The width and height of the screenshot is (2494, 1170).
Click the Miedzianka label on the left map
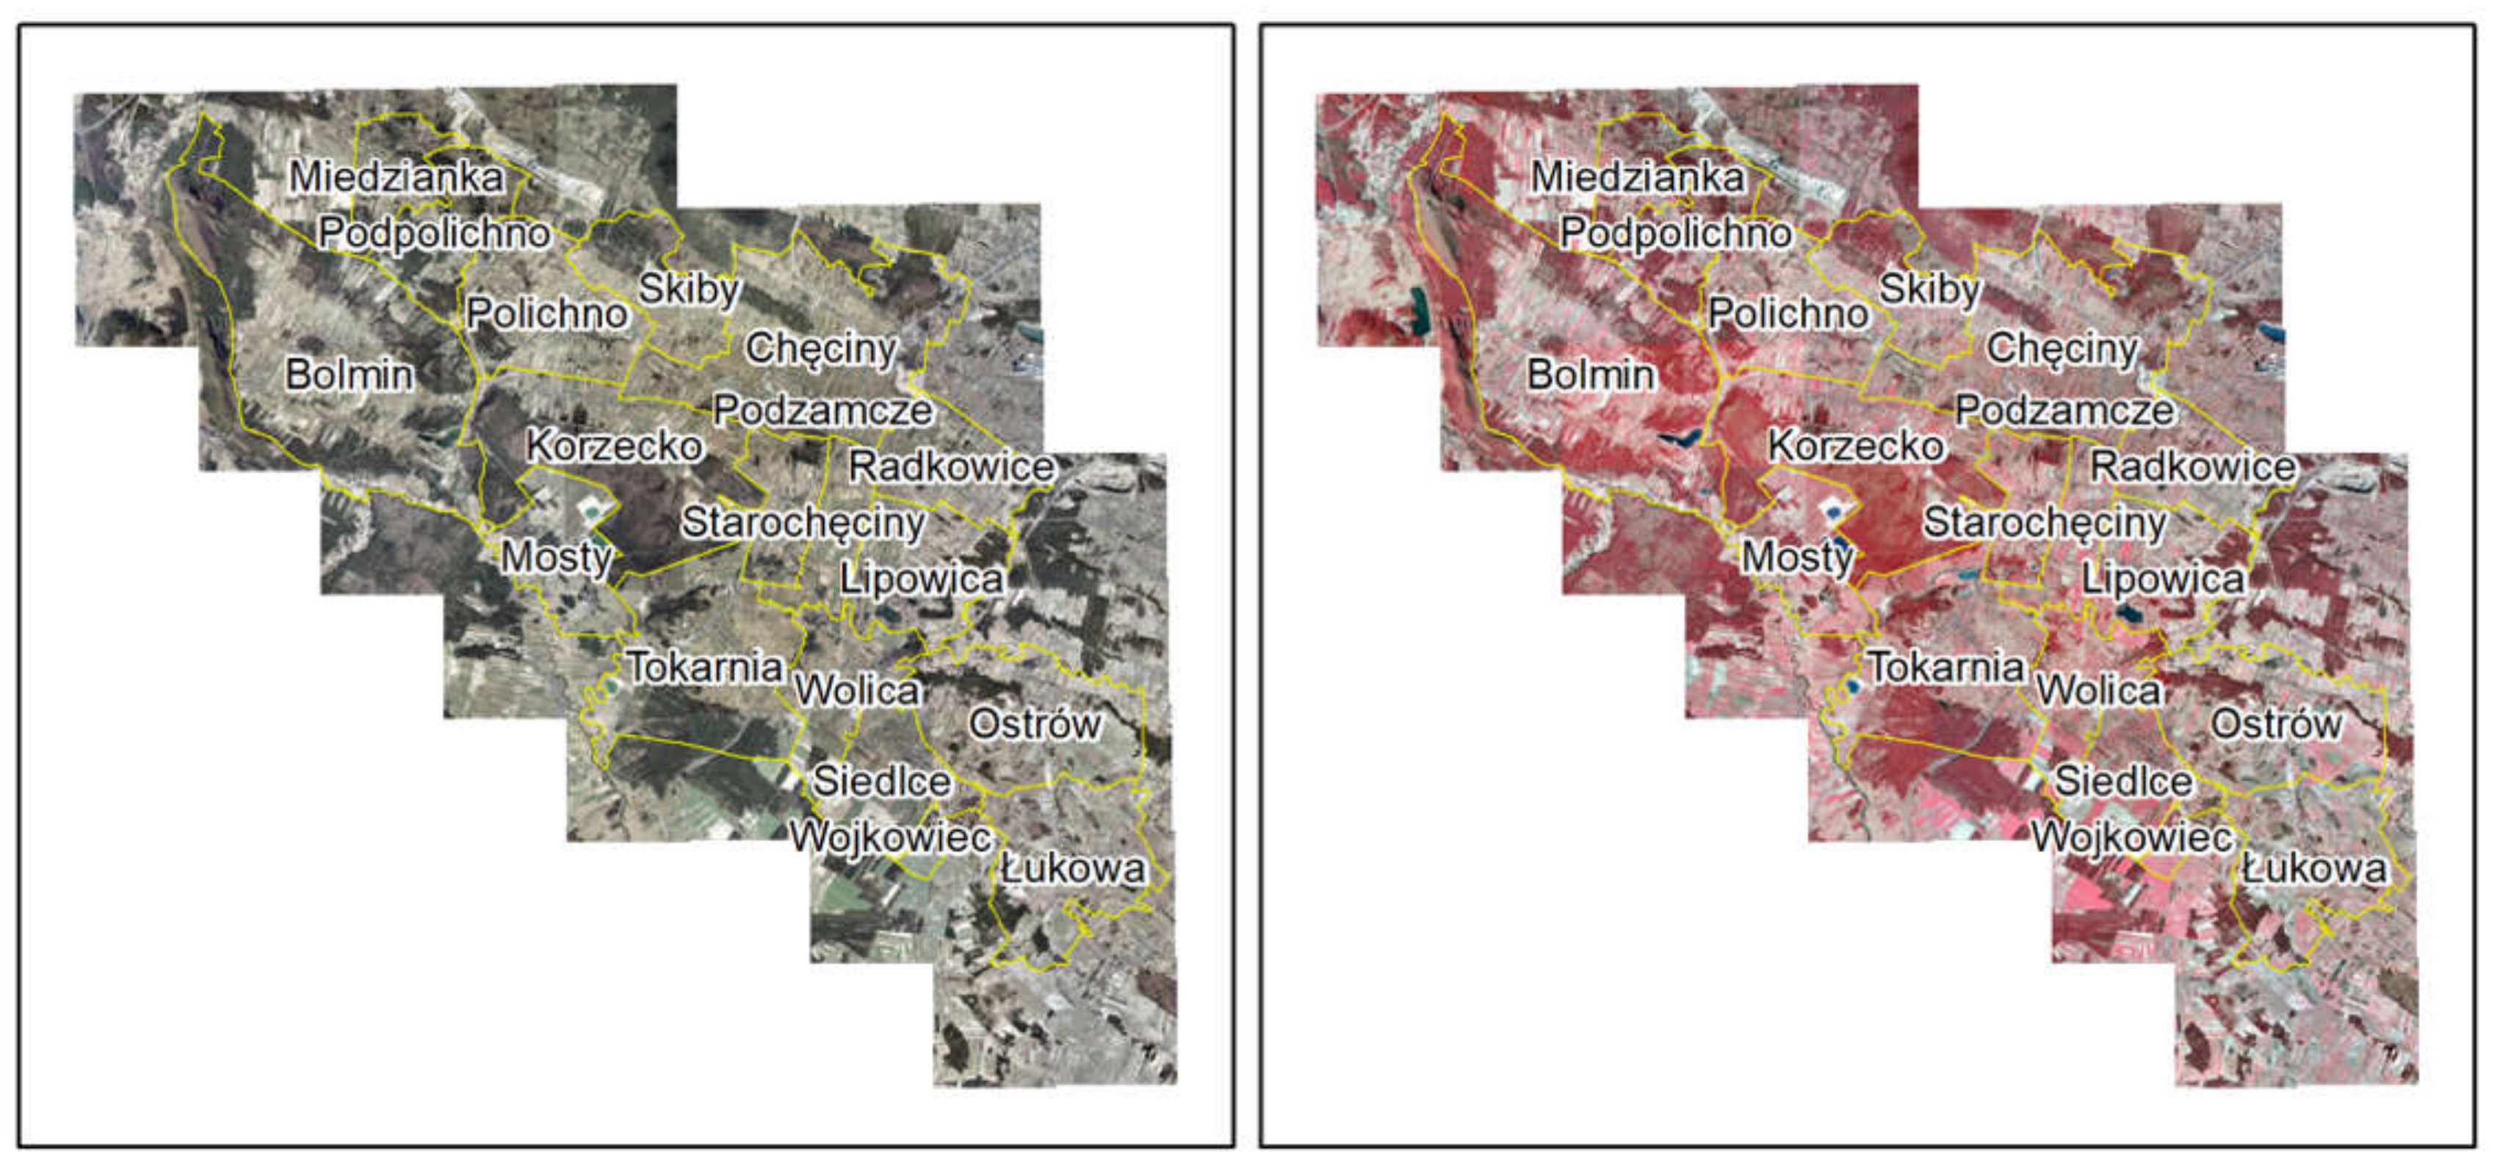(x=397, y=177)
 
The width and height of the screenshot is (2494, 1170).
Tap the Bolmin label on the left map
(x=349, y=375)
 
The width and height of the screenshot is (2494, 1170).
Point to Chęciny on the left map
(x=821, y=349)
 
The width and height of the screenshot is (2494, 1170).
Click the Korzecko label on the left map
(x=614, y=446)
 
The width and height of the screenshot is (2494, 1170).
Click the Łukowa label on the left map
(x=1073, y=869)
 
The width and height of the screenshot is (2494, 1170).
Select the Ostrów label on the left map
(x=1034, y=723)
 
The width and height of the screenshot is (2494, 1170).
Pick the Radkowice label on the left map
(x=951, y=467)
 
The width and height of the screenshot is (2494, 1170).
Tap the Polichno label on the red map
(x=1788, y=314)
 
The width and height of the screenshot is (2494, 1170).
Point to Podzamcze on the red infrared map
(x=2064, y=411)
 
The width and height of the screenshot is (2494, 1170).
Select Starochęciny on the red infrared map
(x=2045, y=523)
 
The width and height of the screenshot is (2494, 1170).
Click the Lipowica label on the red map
(x=2163, y=579)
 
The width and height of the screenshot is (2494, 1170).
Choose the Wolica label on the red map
(x=2098, y=690)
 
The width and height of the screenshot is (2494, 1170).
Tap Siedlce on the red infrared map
(x=2123, y=781)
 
